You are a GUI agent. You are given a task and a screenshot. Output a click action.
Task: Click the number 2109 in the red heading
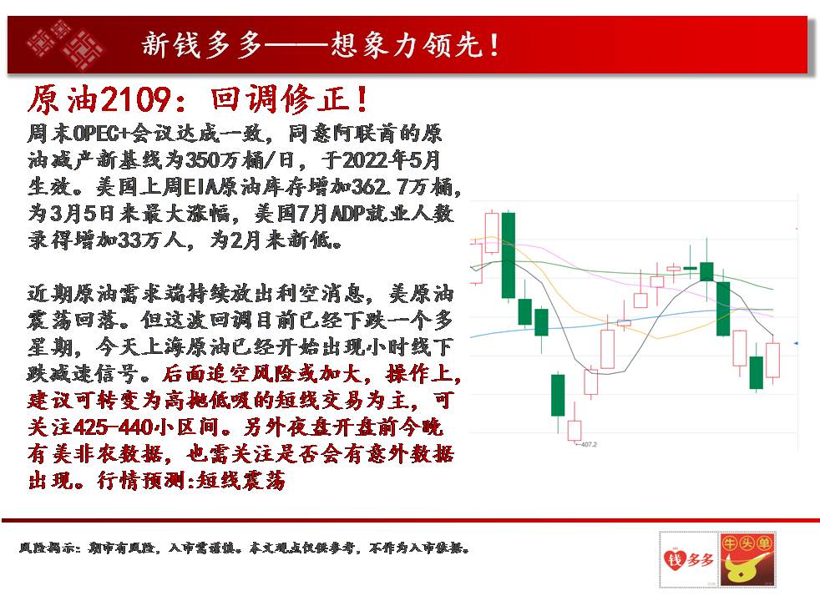pyautogui.click(x=135, y=99)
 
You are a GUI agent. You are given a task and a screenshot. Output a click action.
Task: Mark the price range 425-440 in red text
pyautogui.click(x=114, y=427)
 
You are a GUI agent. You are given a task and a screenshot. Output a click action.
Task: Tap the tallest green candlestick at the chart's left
pyautogui.click(x=509, y=255)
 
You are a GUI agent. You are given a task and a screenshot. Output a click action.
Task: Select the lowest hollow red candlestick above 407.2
pyautogui.click(x=575, y=431)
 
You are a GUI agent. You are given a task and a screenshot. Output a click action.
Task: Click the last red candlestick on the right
pyautogui.click(x=773, y=360)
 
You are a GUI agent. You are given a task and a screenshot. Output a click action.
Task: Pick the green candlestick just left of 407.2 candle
pyautogui.click(x=558, y=395)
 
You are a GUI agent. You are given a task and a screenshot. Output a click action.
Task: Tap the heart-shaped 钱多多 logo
pyautogui.click(x=689, y=559)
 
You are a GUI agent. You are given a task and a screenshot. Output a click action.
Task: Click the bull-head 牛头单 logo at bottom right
pyautogui.click(x=747, y=559)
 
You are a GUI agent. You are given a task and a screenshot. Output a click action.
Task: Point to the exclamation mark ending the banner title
pyautogui.click(x=494, y=44)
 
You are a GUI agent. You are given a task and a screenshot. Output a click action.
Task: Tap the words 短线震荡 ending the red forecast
pyautogui.click(x=241, y=480)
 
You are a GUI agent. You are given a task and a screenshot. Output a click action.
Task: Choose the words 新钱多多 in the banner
pyautogui.click(x=202, y=44)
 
